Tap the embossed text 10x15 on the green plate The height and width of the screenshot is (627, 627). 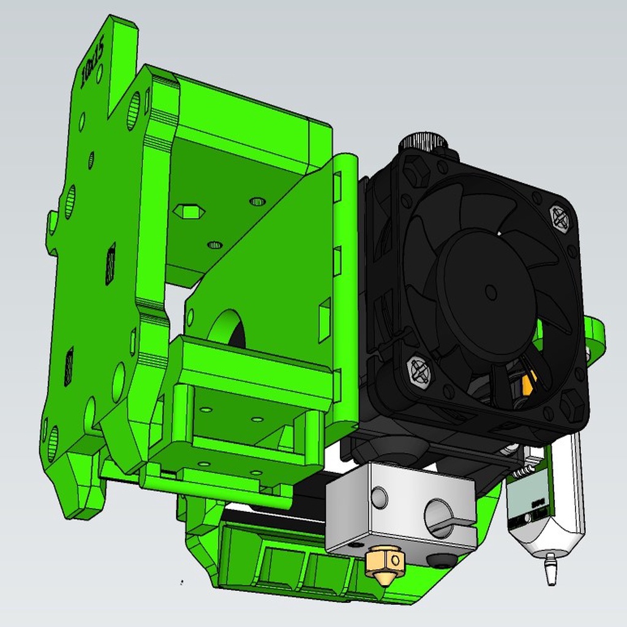point(93,61)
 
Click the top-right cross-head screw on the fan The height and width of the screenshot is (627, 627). point(559,218)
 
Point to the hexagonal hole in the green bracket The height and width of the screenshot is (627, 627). point(189,212)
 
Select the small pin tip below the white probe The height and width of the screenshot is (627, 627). point(550,569)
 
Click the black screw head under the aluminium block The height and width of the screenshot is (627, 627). point(442,560)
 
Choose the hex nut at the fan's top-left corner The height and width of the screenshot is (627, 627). point(416,171)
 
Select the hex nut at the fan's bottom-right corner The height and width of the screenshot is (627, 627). point(571,406)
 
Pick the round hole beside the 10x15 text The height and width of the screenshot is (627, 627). point(99,74)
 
